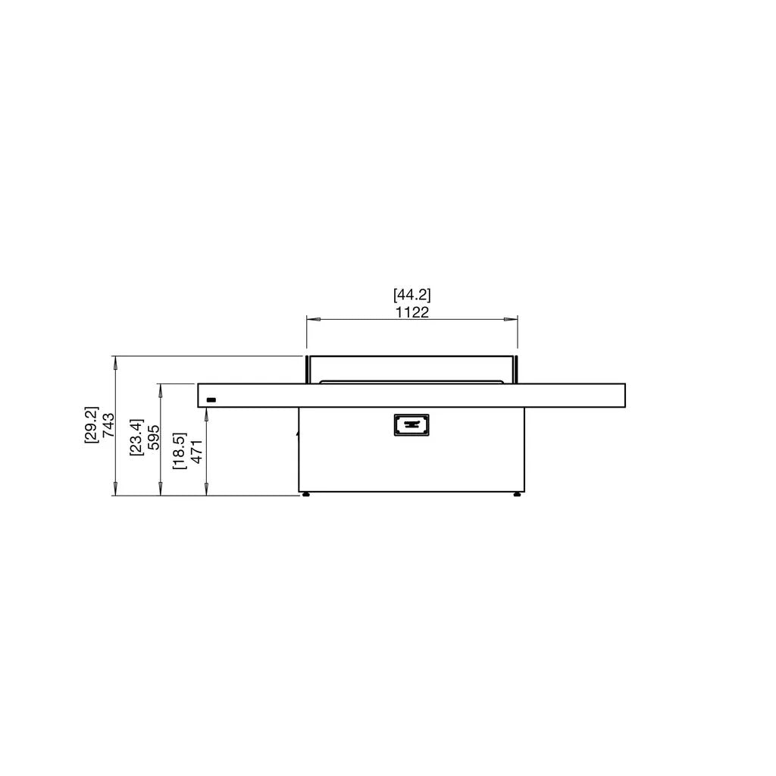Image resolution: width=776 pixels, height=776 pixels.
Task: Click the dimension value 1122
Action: pyautogui.click(x=411, y=312)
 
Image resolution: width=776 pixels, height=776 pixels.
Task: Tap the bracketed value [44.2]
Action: pyautogui.click(x=411, y=295)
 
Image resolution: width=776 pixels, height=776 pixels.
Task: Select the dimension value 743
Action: pyautogui.click(x=108, y=425)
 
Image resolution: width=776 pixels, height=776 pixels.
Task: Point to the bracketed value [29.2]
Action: pyautogui.click(x=92, y=425)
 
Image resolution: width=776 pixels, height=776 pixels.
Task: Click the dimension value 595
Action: pyautogui.click(x=153, y=437)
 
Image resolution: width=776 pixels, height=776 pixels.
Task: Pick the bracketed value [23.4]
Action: pyautogui.click(x=136, y=437)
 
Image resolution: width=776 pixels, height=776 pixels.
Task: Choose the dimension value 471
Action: pyautogui.click(x=197, y=452)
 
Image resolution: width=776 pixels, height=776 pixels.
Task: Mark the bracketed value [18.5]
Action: pyautogui.click(x=180, y=452)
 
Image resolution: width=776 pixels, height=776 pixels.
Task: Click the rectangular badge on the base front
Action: pyautogui.click(x=411, y=425)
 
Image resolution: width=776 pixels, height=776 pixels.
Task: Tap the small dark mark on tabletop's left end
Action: pyautogui.click(x=211, y=400)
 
